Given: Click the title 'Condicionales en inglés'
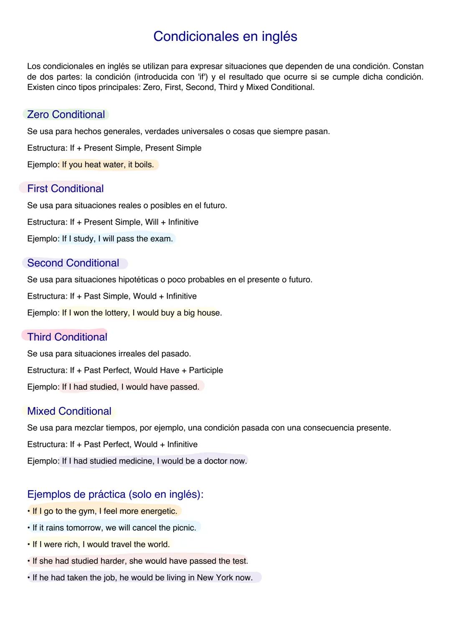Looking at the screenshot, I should [225, 37].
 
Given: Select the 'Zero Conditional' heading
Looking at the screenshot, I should [66, 115].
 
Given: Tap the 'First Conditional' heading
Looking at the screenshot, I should [65, 189].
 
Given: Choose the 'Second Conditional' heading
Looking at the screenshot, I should [73, 263].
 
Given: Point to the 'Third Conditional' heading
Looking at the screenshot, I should [67, 337].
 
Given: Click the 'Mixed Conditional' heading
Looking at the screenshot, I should [69, 411].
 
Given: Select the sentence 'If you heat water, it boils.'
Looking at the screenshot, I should [108, 165].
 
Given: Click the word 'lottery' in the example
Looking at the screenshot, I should [117, 313].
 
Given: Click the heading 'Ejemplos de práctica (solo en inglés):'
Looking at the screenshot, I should [115, 494].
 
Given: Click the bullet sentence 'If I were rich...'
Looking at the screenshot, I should [101, 544].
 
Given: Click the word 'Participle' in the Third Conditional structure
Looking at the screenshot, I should [206, 370].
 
